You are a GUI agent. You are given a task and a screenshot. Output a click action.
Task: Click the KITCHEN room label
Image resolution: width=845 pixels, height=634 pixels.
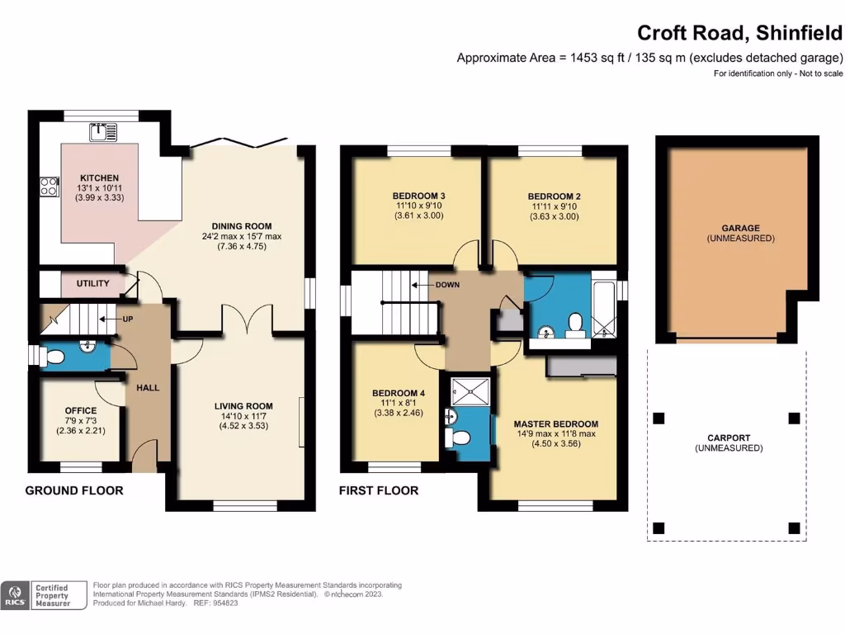point(99,178)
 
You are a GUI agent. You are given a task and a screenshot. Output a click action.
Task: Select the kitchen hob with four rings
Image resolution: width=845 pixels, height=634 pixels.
point(48,187)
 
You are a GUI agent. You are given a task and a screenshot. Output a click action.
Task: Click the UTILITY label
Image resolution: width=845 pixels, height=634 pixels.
point(92,284)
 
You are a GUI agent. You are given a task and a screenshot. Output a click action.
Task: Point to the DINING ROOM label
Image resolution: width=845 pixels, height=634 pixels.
point(241,226)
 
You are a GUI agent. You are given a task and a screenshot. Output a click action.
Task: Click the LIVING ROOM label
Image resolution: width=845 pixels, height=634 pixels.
point(243,406)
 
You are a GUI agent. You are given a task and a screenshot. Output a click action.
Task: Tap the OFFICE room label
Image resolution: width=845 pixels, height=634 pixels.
point(80,411)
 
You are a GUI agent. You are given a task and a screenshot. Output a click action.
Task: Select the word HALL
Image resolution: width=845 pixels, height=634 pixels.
point(149,387)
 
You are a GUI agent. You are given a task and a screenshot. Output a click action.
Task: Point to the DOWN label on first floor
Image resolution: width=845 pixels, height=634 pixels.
point(448,286)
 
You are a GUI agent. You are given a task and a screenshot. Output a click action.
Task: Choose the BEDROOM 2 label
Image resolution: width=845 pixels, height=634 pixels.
point(550,196)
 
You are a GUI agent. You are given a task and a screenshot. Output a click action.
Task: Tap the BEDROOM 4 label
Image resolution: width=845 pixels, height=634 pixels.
point(398,393)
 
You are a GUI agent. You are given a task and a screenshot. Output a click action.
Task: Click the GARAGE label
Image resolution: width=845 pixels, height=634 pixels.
point(740,228)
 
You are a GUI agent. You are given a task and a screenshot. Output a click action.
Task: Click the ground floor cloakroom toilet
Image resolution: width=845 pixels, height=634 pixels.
point(54,357)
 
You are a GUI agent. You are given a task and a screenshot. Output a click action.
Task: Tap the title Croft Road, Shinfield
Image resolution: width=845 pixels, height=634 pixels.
point(739,33)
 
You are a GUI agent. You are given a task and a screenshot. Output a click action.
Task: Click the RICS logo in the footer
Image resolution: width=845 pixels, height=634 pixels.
point(14,594)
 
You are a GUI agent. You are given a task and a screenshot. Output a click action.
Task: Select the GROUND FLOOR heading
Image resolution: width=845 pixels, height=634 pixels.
point(74,490)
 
